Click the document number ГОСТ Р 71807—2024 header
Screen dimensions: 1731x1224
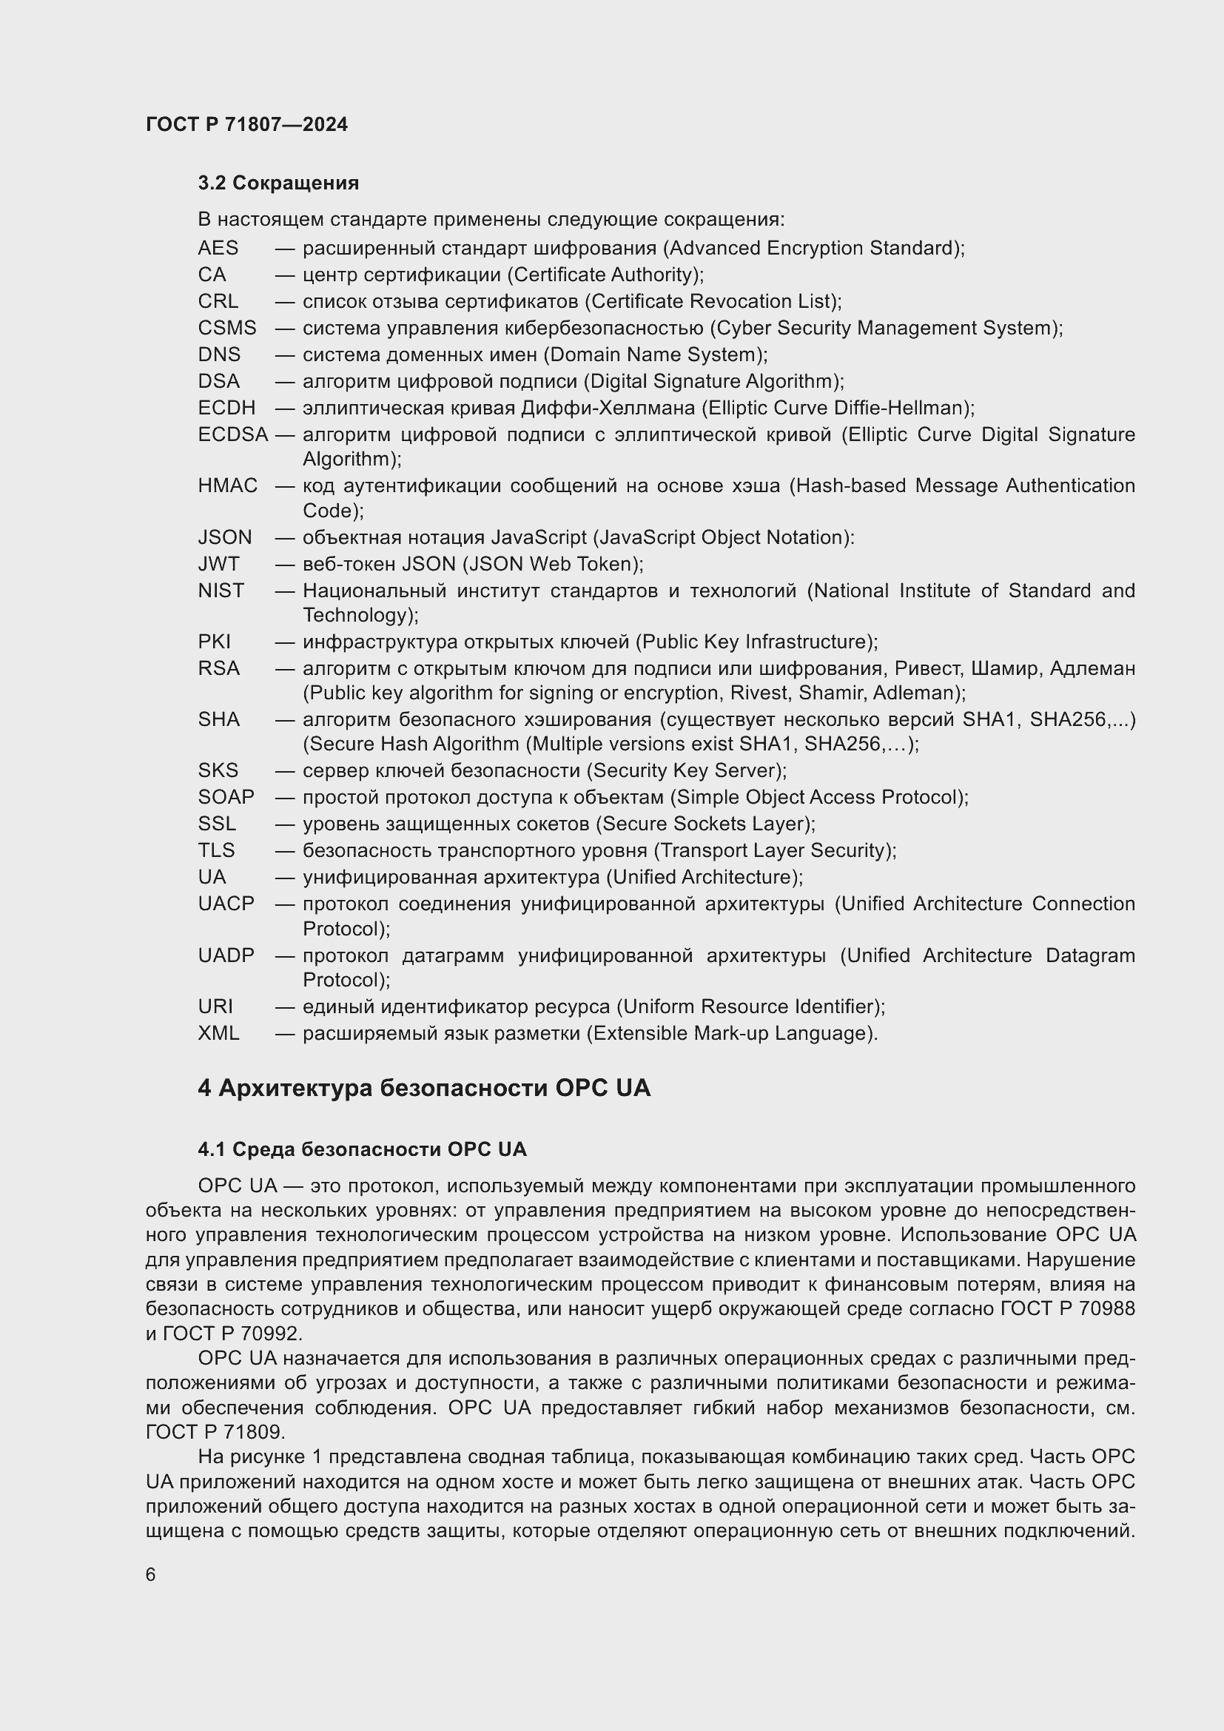246,124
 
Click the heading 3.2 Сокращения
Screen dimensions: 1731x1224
278,183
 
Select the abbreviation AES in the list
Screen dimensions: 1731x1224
218,248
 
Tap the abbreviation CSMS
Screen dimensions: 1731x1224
227,328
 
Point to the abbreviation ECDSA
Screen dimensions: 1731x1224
233,435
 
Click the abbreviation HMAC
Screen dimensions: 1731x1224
228,485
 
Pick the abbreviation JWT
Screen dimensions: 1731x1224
218,564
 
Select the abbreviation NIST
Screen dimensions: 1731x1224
221,591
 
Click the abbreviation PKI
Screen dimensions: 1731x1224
214,642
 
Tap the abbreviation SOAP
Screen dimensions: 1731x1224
226,797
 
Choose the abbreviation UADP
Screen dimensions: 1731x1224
226,955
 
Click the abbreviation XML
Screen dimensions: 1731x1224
218,1033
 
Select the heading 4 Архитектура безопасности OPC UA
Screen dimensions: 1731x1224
423,1088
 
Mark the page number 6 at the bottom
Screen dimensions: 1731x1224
151,1575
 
